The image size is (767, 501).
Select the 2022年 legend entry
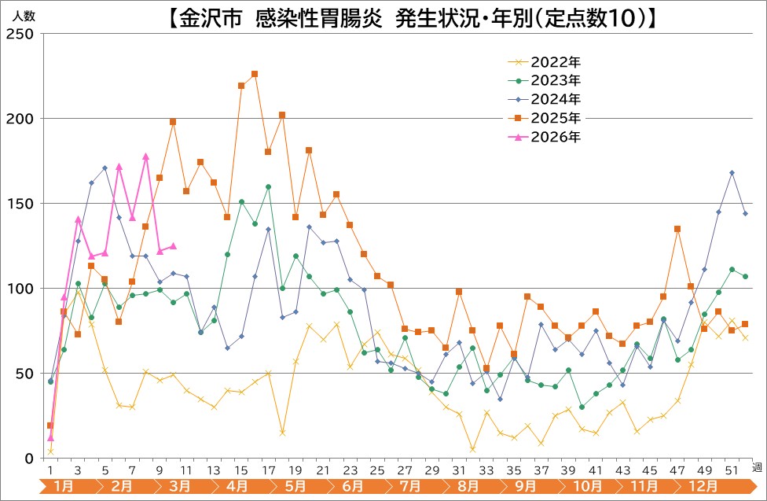(x=556, y=61)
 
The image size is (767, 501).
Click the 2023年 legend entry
(x=556, y=80)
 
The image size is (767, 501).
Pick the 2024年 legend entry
(x=556, y=99)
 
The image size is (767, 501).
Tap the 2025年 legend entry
(x=556, y=118)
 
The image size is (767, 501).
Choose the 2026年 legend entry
(x=556, y=137)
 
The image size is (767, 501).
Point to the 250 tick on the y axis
(x=20, y=34)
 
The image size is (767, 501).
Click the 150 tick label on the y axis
(x=20, y=204)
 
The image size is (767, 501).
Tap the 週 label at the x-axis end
(x=757, y=467)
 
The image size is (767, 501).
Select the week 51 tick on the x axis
(x=732, y=470)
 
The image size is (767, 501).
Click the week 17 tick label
(x=268, y=470)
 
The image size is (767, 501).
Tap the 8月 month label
(x=468, y=487)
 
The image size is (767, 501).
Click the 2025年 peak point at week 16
(x=255, y=74)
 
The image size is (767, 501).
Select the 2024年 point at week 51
(x=732, y=172)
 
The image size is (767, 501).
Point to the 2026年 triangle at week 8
(x=145, y=157)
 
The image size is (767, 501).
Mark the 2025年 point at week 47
(x=677, y=229)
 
